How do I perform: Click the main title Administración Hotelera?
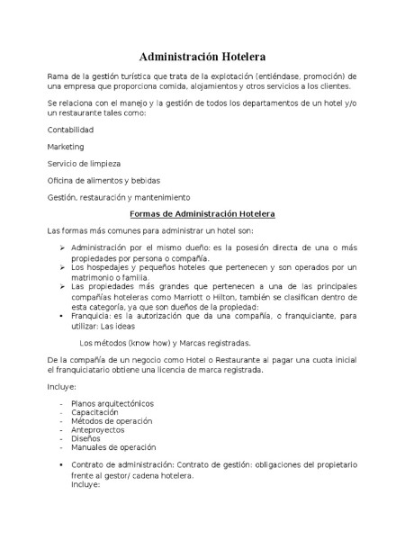(202, 56)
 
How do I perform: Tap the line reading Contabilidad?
(70, 130)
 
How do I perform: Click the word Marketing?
(66, 147)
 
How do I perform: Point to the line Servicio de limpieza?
(84, 164)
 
